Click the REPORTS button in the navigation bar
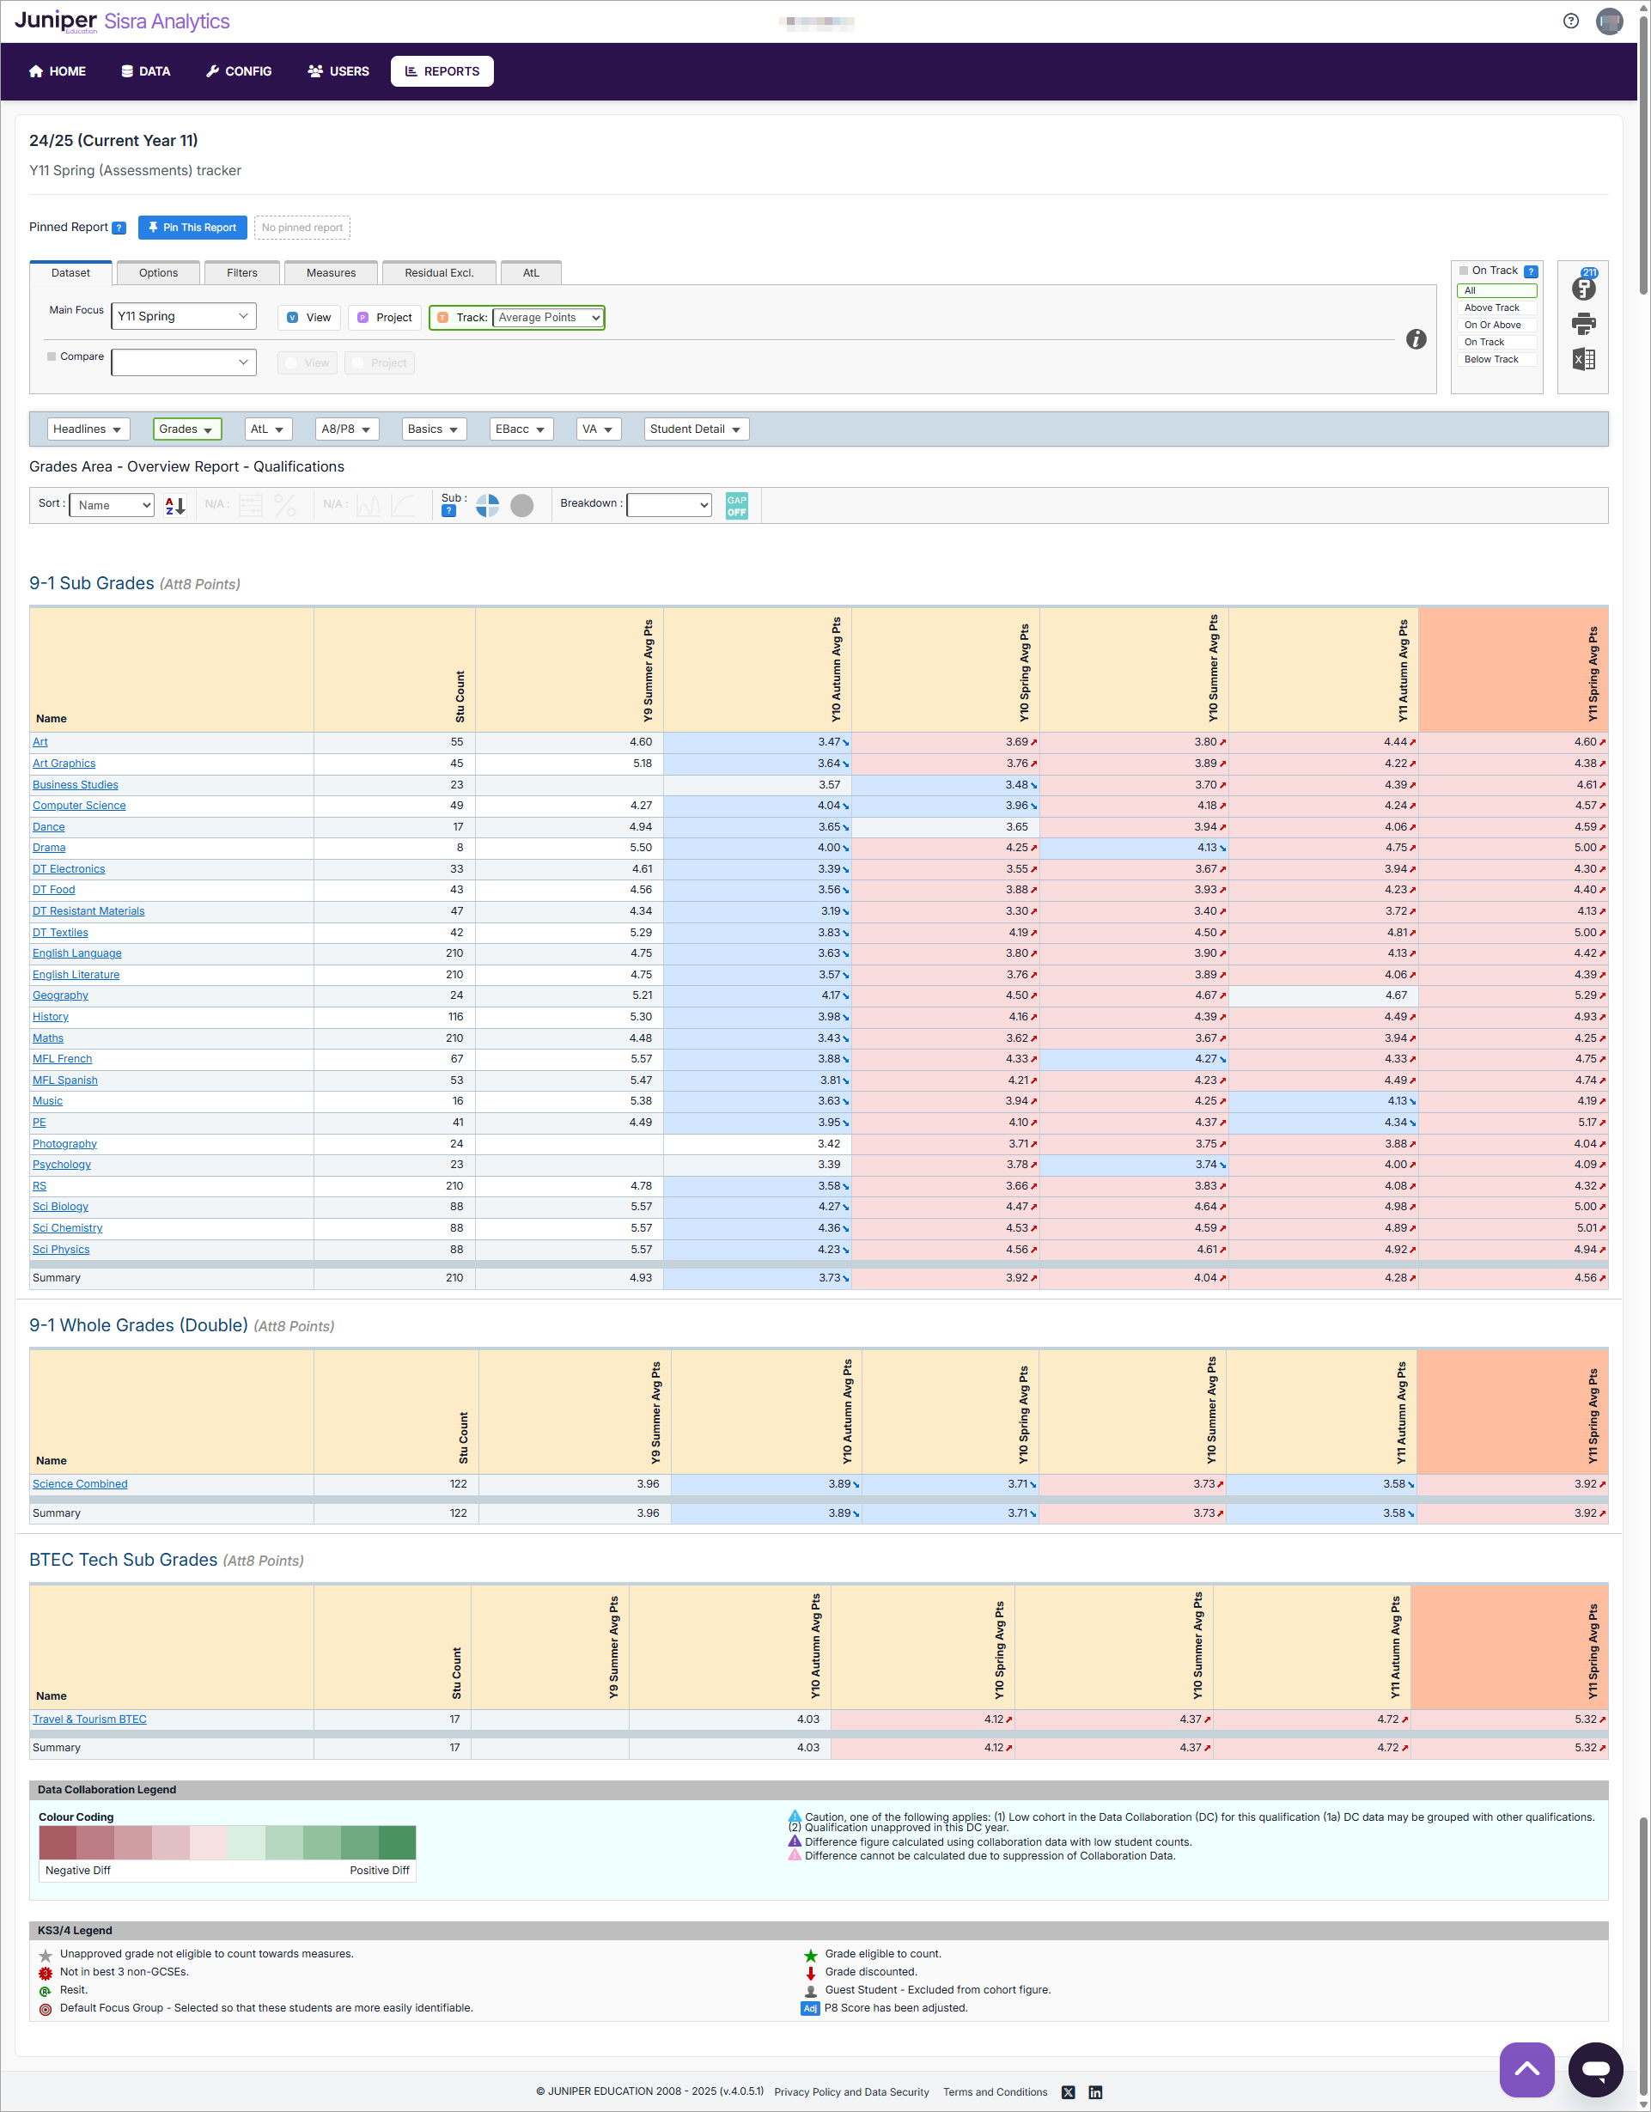point(442,71)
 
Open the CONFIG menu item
point(239,71)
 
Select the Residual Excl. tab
point(438,273)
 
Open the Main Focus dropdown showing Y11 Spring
point(183,316)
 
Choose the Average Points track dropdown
point(548,317)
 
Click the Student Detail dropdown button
point(696,429)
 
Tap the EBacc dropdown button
point(521,429)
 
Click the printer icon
point(1583,323)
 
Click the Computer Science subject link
point(79,806)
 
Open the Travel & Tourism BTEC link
point(90,1719)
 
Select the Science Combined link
point(80,1484)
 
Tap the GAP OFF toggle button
point(736,506)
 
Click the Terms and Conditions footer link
point(996,2092)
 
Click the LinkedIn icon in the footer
point(1095,2092)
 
